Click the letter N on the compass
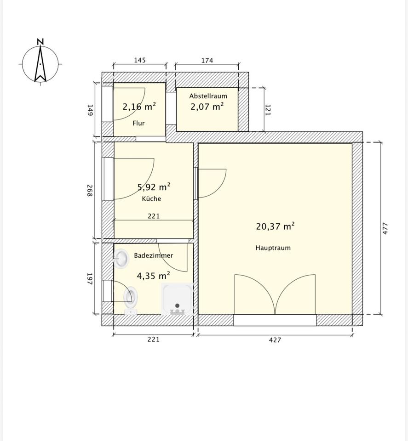point(40,42)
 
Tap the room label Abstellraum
point(208,96)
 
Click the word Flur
point(138,123)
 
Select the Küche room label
point(151,198)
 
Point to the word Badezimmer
point(154,255)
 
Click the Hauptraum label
point(273,248)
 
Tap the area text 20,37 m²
point(276,226)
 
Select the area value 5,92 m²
point(154,187)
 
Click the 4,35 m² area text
point(154,276)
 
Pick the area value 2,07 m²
point(207,107)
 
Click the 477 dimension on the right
point(385,228)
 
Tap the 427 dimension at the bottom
point(275,340)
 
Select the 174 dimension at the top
point(207,61)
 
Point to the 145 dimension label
point(140,60)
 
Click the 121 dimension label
point(268,110)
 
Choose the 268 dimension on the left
point(90,190)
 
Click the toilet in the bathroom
point(130,300)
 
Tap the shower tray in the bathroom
point(177,299)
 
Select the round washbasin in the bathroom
point(121,258)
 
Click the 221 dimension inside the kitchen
point(154,216)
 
